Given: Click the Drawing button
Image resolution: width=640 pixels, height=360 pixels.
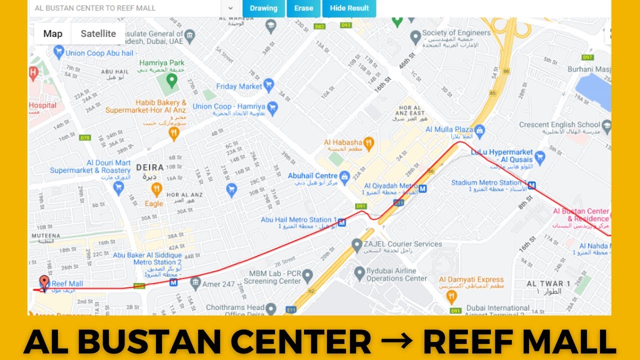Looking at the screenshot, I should pos(263,8).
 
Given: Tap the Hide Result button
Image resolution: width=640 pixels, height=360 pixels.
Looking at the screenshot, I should pos(349,8).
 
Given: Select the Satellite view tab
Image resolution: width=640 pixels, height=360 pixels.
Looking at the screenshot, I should pos(98,33).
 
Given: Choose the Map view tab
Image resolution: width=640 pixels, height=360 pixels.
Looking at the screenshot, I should pos(52,33).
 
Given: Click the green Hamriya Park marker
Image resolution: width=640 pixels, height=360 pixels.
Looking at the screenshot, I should pos(172,79).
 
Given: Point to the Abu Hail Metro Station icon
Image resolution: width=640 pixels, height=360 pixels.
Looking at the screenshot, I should pos(342,222).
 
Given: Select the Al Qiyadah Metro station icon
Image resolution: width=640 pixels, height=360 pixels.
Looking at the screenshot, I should pos(423,188).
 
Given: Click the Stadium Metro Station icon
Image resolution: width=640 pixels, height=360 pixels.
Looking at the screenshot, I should pos(532,185).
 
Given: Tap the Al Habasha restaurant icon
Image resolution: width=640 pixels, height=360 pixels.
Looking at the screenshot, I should pos(369,144).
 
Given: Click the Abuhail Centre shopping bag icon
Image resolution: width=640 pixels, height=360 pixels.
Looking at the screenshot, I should pos(344,176).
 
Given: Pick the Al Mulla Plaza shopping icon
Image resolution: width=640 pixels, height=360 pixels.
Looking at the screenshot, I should pos(480,131).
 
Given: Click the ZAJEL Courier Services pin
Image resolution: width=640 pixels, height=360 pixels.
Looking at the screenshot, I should pos(356,245).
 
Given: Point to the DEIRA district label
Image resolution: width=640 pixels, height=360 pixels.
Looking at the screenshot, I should pos(145,167).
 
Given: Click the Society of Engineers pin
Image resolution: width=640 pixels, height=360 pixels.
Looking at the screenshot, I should pos(415,36).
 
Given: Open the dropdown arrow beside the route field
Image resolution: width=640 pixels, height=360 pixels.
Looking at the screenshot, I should pos(230,8).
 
